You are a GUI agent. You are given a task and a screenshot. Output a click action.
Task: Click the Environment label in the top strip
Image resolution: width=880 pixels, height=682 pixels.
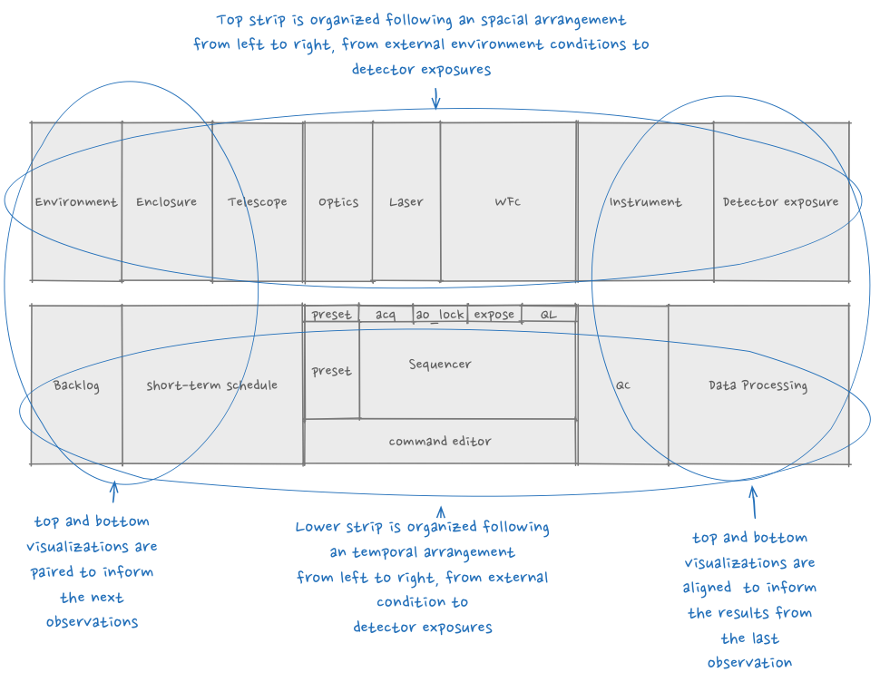(76, 202)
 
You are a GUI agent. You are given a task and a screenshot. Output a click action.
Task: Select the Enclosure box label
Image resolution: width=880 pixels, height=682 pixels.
(166, 202)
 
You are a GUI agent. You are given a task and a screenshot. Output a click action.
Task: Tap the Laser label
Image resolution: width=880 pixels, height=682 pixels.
(406, 202)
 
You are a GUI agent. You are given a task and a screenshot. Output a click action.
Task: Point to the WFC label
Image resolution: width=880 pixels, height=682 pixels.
(508, 202)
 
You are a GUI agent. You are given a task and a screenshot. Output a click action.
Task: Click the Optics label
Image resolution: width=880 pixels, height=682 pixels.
(337, 202)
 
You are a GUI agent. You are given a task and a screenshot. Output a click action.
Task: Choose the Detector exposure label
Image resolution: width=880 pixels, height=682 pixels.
(780, 202)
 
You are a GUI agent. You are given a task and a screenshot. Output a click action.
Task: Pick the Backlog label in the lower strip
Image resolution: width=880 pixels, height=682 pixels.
(76, 385)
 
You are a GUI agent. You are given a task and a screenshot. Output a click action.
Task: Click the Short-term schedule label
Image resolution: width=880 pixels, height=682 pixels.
(211, 385)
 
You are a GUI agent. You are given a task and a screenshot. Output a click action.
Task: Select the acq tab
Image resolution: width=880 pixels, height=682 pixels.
(386, 315)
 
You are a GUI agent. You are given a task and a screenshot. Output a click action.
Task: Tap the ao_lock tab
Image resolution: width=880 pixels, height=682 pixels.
(440, 315)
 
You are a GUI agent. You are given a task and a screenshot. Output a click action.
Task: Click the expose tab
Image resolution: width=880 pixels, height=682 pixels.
(494, 315)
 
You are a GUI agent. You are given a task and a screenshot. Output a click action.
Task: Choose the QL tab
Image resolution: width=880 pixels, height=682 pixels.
(548, 315)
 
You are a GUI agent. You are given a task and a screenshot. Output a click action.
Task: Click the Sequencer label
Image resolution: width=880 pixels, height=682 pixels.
(440, 365)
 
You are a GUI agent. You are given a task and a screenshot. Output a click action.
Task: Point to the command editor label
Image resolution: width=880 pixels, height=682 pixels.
(440, 442)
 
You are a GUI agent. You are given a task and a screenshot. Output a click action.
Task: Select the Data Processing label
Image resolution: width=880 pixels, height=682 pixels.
(758, 385)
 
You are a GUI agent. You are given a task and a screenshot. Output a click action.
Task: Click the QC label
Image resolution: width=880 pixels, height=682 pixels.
(623, 385)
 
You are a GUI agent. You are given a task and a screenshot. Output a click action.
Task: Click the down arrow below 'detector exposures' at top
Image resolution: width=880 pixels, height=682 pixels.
(436, 98)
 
